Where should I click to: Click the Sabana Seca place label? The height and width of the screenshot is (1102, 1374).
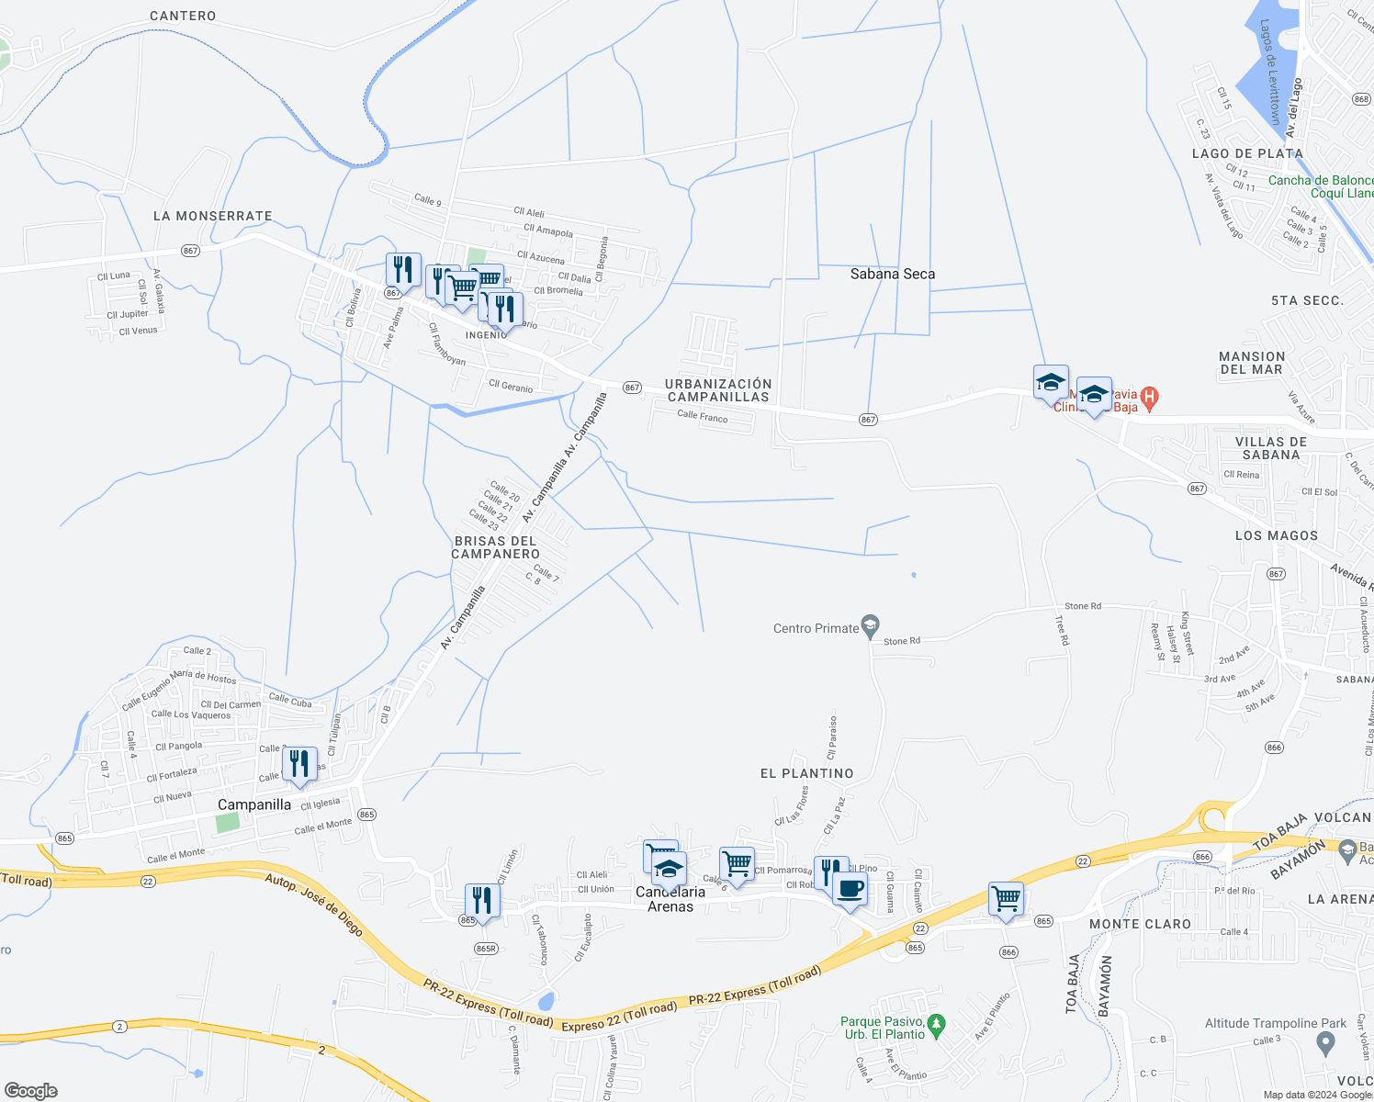click(892, 274)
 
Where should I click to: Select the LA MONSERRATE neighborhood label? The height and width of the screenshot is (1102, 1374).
click(213, 216)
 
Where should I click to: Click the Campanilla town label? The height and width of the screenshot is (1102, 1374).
click(254, 804)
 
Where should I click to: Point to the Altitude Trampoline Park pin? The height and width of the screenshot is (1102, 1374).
click(1324, 1042)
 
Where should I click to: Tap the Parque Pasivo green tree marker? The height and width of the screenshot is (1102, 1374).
click(936, 1023)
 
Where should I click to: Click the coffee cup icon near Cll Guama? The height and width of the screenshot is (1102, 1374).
click(850, 889)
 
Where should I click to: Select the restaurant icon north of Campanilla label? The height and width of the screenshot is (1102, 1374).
click(299, 764)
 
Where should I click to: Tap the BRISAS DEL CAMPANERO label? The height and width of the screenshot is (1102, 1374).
click(496, 547)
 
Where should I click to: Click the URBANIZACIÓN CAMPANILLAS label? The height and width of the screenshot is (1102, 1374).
click(718, 390)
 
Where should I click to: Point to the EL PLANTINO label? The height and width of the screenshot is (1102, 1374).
click(806, 773)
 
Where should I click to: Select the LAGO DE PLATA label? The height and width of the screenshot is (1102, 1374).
click(1247, 153)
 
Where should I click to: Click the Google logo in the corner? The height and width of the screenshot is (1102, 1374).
click(30, 1090)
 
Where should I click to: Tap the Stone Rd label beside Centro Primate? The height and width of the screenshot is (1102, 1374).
click(901, 641)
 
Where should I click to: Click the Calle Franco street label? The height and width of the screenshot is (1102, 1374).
click(702, 417)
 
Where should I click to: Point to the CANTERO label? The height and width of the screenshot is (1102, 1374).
click(183, 16)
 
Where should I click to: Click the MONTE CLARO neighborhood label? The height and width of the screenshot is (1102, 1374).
click(1140, 924)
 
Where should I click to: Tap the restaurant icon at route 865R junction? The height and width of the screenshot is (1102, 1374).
click(482, 899)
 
